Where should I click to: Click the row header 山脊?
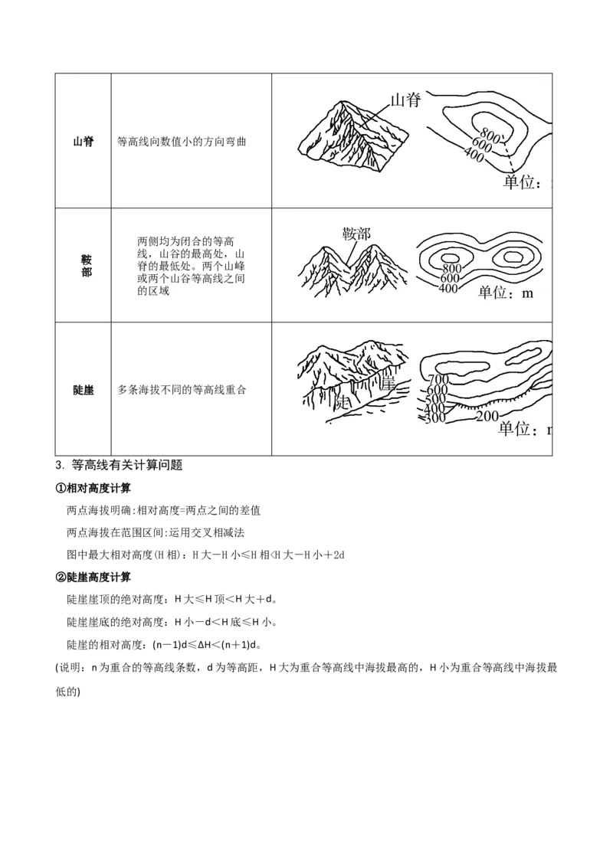click(x=83, y=142)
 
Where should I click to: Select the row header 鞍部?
click(x=86, y=266)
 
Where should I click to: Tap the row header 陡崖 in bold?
click(x=83, y=390)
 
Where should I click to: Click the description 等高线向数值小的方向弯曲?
click(x=182, y=142)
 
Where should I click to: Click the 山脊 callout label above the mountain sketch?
click(x=405, y=100)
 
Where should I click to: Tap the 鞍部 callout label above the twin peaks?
click(x=356, y=234)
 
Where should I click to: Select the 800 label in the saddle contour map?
click(x=451, y=268)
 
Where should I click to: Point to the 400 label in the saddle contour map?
click(x=447, y=288)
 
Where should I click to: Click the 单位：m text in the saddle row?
click(x=505, y=293)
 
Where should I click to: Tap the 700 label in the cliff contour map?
click(x=438, y=380)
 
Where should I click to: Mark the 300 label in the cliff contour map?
click(x=434, y=417)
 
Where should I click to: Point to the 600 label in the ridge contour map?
click(x=481, y=146)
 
